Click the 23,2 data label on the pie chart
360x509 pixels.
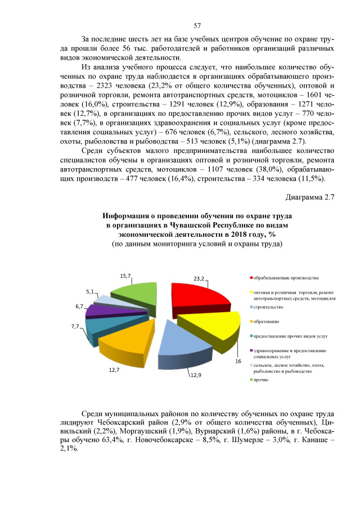(x=199, y=278)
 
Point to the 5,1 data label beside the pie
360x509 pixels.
(x=89, y=292)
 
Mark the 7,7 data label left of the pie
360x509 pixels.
(x=75, y=326)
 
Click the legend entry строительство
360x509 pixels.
(x=268, y=307)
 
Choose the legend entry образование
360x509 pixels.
(x=267, y=322)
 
